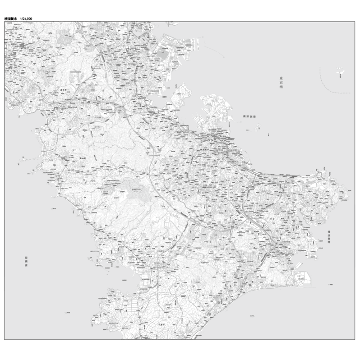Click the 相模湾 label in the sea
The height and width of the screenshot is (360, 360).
pyautogui.click(x=27, y=262)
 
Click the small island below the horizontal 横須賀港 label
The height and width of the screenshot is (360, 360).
pyautogui.click(x=257, y=128)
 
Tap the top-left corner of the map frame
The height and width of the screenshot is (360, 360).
pyautogui.click(x=4, y=21)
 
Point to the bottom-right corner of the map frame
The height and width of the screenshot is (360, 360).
pyautogui.click(x=355, y=340)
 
